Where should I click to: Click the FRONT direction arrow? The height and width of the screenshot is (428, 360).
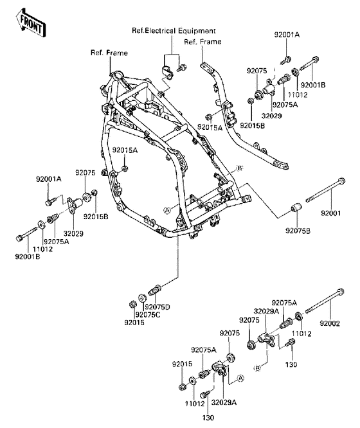coord(31,22)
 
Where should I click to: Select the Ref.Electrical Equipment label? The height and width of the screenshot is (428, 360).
coord(174,31)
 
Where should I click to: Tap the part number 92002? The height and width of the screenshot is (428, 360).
coord(330,323)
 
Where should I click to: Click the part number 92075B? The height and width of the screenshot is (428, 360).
coord(298,231)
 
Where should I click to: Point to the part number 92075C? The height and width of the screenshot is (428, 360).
coord(148,315)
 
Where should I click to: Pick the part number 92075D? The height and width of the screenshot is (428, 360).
coord(157,307)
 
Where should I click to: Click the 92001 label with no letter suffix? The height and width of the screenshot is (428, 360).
coord(331,213)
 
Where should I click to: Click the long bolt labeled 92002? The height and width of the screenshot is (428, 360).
coord(325,301)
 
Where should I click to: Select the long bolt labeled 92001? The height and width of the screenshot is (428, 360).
coord(325,190)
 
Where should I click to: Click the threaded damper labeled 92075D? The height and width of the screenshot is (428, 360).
coord(155,289)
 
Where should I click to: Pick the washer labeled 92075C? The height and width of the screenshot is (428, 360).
coord(142,298)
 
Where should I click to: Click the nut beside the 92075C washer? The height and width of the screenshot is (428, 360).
coord(132,303)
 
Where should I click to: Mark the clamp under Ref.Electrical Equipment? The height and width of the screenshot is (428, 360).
coord(166,73)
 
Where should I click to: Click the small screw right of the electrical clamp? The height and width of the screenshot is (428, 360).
coord(182,67)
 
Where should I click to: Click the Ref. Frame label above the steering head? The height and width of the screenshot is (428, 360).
coord(109,53)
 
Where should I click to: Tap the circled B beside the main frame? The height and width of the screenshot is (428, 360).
coord(240,168)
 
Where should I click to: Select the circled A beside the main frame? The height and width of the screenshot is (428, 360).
coord(167,210)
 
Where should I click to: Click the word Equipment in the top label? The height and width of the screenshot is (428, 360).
coord(197,31)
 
